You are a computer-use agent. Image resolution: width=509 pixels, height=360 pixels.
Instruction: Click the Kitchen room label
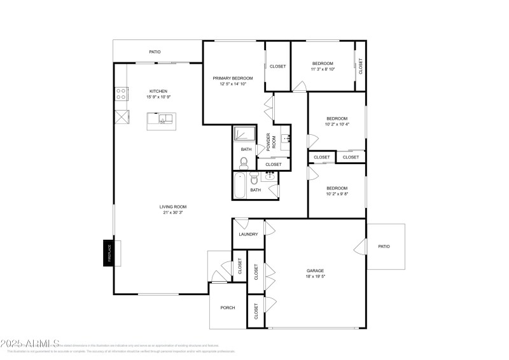pyautogui.click(x=158, y=91)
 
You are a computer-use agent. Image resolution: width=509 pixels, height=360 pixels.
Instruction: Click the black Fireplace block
pyautogui.click(x=108, y=253)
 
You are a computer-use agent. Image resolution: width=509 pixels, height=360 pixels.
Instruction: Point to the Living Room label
pyautogui.click(x=172, y=207)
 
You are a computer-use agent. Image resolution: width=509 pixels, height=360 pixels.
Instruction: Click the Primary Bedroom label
pyautogui.click(x=232, y=78)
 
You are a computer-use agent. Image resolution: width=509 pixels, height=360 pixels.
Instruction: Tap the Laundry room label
pyautogui.click(x=248, y=234)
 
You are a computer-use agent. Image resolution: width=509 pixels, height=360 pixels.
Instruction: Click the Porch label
pyautogui.click(x=228, y=307)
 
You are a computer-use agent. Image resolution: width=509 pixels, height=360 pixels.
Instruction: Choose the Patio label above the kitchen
pyautogui.click(x=155, y=52)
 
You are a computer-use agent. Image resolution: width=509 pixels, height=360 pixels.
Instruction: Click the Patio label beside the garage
pyautogui.click(x=384, y=246)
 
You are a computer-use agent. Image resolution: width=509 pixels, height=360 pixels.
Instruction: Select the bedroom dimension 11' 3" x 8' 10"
pyautogui.click(x=323, y=71)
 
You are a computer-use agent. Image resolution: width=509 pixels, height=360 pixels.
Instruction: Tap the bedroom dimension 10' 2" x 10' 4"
pyautogui.click(x=337, y=125)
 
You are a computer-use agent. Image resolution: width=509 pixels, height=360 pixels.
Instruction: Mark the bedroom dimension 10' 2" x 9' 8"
pyautogui.click(x=337, y=195)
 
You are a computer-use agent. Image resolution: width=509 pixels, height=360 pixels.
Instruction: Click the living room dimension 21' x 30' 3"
pyautogui.click(x=172, y=213)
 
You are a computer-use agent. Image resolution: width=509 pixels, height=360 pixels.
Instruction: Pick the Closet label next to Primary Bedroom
pyautogui.click(x=277, y=66)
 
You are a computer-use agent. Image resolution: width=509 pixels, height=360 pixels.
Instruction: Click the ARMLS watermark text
pyautogui.click(x=30, y=344)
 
